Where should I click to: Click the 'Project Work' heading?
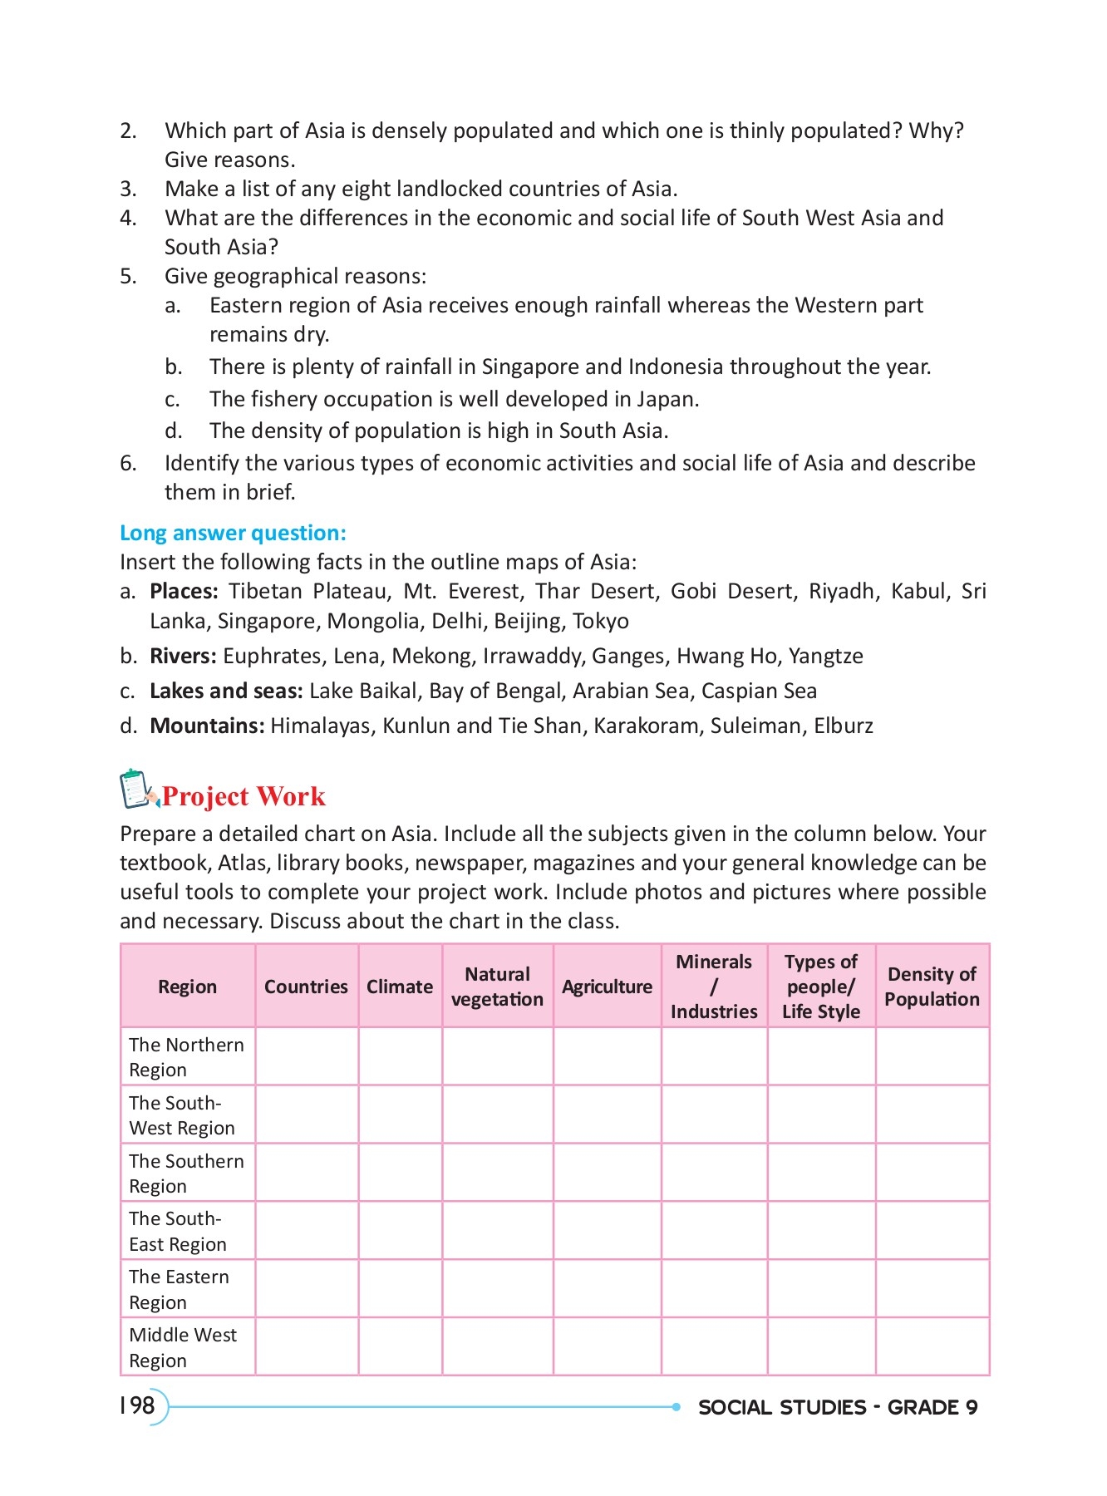point(243,796)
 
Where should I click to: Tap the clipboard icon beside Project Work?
point(137,790)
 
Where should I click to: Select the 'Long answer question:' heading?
point(233,533)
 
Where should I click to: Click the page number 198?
point(137,1405)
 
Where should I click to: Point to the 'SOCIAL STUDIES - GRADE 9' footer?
point(837,1407)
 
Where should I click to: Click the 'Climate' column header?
point(400,987)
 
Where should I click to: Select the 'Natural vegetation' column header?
point(497,987)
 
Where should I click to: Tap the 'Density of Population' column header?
point(932,987)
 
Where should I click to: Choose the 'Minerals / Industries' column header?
point(714,987)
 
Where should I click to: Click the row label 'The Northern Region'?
point(186,1056)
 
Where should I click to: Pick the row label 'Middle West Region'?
point(183,1347)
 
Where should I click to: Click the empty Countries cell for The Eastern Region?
point(307,1289)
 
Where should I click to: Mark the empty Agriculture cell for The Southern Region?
point(607,1173)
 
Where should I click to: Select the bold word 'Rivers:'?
point(183,656)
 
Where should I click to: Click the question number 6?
point(128,463)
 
